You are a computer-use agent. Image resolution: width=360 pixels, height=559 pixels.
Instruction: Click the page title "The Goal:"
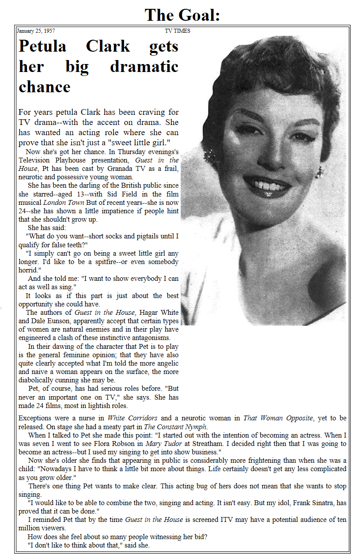(x=182, y=15)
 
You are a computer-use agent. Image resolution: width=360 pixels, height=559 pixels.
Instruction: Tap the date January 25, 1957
(x=36, y=31)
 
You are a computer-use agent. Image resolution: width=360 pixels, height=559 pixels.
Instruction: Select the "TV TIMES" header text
(x=178, y=31)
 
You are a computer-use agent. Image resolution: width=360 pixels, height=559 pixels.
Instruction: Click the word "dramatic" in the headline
(x=144, y=67)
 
